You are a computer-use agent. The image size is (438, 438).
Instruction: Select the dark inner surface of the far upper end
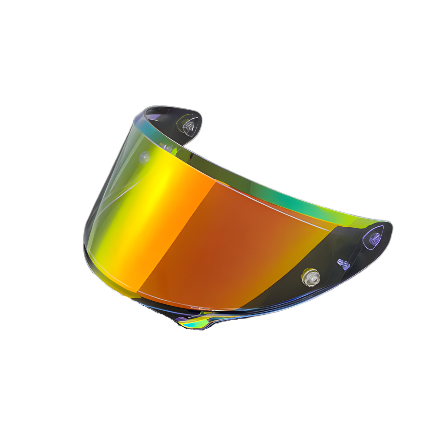[170, 118]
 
